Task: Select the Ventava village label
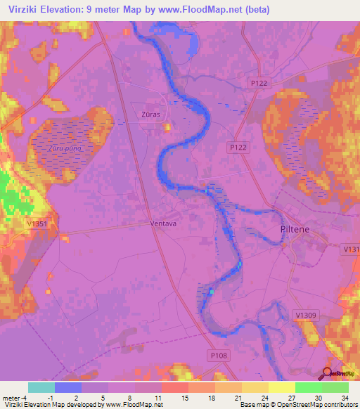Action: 162,224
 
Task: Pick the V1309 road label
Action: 306,316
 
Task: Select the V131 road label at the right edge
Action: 351,249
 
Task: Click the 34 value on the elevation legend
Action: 345,398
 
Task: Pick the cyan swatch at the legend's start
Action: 41,387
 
